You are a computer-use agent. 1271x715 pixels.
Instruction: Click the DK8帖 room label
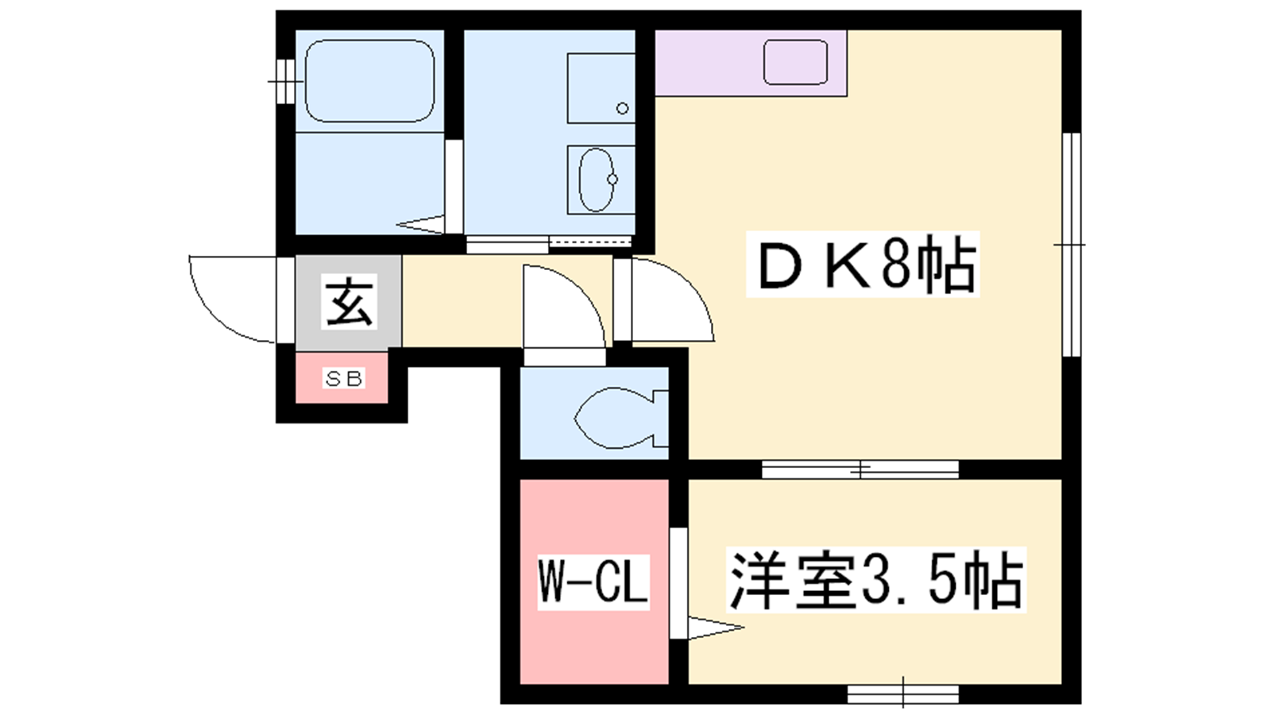pyautogui.click(x=863, y=265)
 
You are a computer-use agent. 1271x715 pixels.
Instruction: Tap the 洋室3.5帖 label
pyautogui.click(x=876, y=580)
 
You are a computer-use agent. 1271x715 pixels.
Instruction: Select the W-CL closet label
pyautogui.click(x=593, y=582)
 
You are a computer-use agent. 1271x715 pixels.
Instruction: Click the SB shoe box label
pyautogui.click(x=343, y=378)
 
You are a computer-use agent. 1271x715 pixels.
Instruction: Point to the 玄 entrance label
pyautogui.click(x=349, y=301)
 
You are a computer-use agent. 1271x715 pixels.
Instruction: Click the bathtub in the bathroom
pyautogui.click(x=369, y=80)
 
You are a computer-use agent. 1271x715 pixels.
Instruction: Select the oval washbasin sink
pyautogui.click(x=597, y=180)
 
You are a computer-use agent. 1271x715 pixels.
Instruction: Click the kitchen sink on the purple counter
pyautogui.click(x=795, y=63)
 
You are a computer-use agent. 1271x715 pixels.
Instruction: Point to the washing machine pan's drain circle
pyautogui.click(x=623, y=108)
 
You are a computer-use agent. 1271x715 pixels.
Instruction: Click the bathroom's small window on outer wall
pyautogui.click(x=285, y=81)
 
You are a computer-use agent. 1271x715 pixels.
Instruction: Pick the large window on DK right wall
pyautogui.click(x=1072, y=245)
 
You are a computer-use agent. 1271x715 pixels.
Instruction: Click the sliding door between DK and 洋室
pyautogui.click(x=860, y=470)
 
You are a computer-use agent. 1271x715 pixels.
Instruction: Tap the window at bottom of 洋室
pyautogui.click(x=902, y=694)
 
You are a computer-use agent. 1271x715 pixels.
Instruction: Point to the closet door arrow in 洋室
pyautogui.click(x=716, y=628)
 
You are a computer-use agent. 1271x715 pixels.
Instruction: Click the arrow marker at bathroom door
pyautogui.click(x=420, y=224)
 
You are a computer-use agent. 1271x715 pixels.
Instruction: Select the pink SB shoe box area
pyautogui.click(x=342, y=377)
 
